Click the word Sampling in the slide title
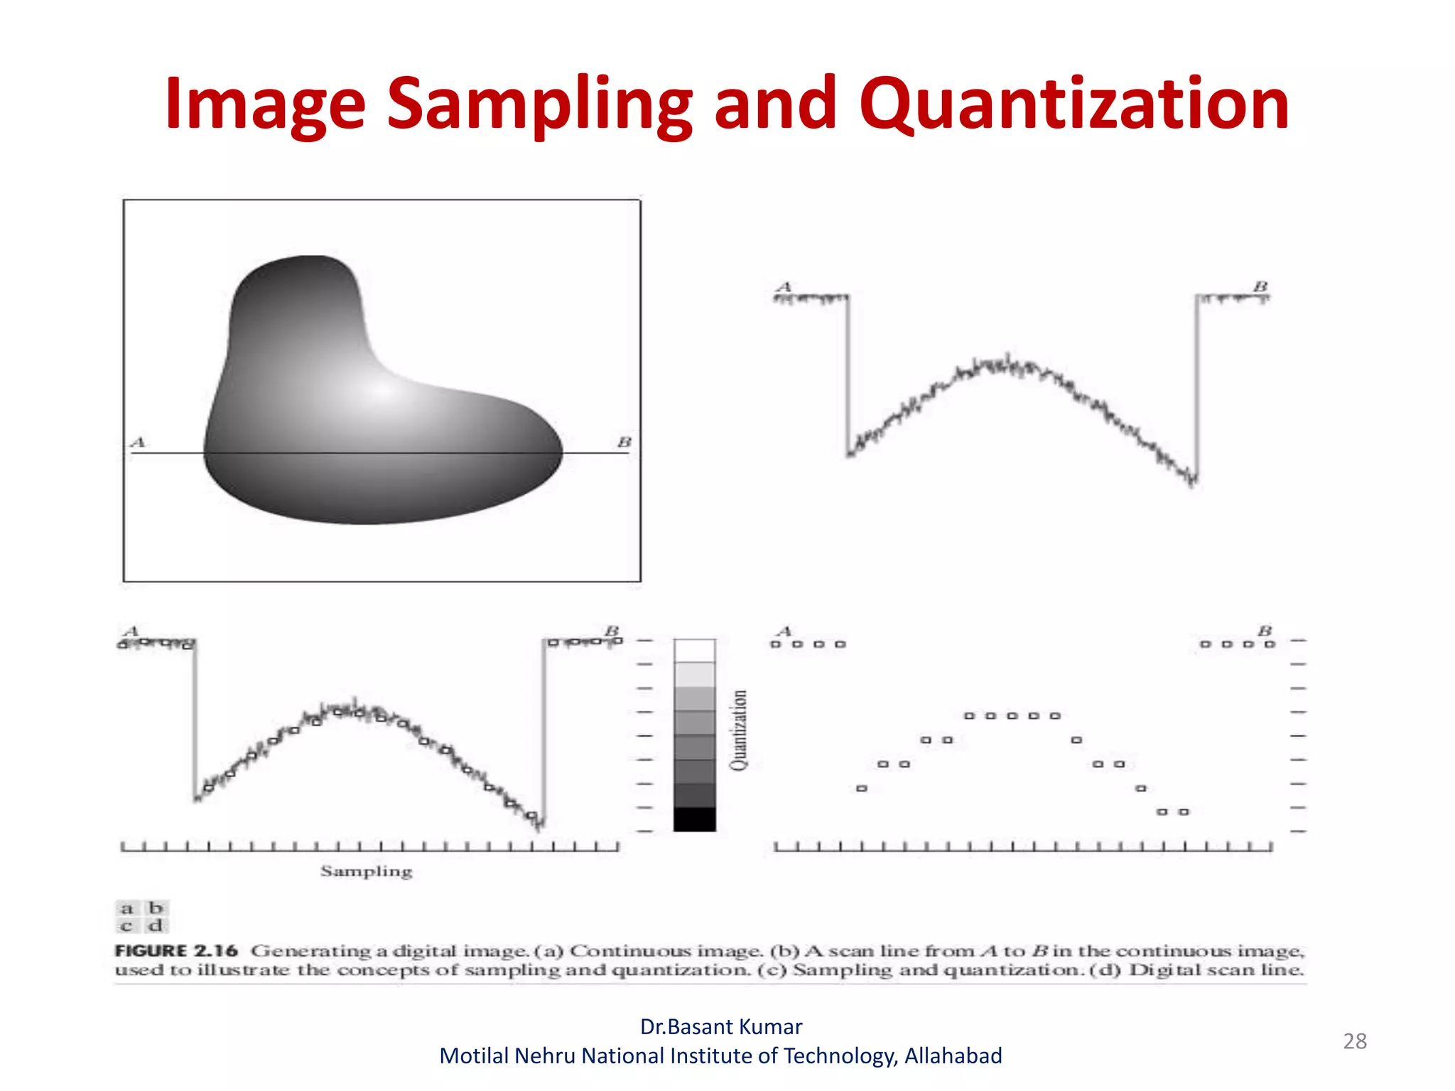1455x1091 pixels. (539, 104)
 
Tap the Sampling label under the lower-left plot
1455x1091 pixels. (366, 871)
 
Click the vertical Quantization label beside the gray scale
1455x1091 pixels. (739, 730)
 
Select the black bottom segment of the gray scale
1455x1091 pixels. (694, 819)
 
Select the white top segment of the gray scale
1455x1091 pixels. (694, 651)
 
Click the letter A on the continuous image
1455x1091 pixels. (138, 443)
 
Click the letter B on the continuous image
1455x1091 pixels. (624, 443)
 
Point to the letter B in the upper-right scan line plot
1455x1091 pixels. (1260, 286)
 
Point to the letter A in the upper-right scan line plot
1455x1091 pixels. (784, 287)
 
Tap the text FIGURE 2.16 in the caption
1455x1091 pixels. (175, 950)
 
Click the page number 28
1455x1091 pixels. (1354, 1041)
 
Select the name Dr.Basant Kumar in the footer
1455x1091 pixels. (720, 1026)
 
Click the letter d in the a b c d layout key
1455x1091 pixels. (156, 926)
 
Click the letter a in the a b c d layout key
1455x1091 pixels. (127, 908)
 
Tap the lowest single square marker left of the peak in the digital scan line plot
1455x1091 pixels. (862, 788)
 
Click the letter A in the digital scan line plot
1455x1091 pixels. (784, 631)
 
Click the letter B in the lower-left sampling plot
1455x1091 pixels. (612, 631)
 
